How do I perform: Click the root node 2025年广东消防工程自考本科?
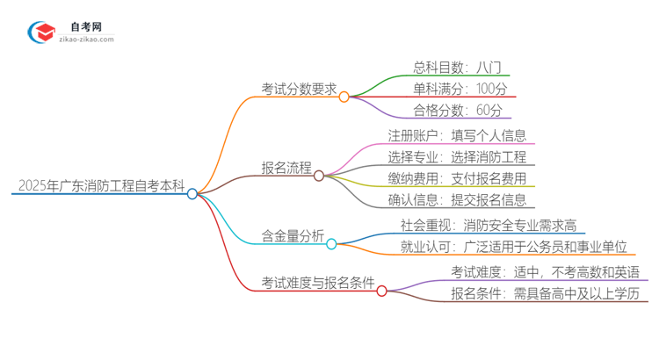[x=101, y=186]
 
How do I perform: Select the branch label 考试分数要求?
[x=299, y=88]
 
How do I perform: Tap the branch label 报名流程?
[x=286, y=168]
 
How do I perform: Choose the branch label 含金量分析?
[x=293, y=235]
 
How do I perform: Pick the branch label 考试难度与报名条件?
[x=317, y=283]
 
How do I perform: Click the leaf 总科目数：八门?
[x=456, y=67]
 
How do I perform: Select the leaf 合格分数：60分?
[x=458, y=111]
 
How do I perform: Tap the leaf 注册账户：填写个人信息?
[x=457, y=135]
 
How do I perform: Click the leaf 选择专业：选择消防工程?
[x=457, y=157]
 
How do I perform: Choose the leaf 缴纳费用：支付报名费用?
[x=457, y=178]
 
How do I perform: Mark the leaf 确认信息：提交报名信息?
[x=457, y=200]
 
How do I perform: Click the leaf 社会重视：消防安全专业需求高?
[x=489, y=227]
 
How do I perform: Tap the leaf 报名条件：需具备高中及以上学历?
[x=544, y=293]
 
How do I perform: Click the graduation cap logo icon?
[x=41, y=32]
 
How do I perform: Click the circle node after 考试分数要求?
[x=344, y=97]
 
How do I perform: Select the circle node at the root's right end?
[x=192, y=194]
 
